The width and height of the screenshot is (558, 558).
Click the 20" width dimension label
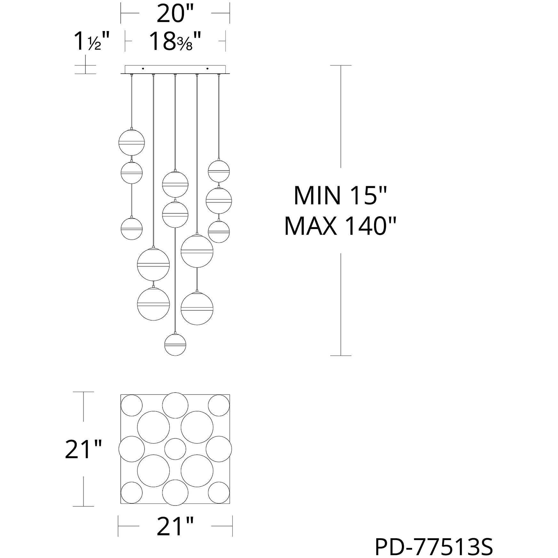(175, 13)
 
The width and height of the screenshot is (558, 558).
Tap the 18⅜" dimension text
(175, 41)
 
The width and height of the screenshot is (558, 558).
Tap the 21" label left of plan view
(83, 450)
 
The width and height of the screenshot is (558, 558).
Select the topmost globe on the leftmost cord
(132, 142)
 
